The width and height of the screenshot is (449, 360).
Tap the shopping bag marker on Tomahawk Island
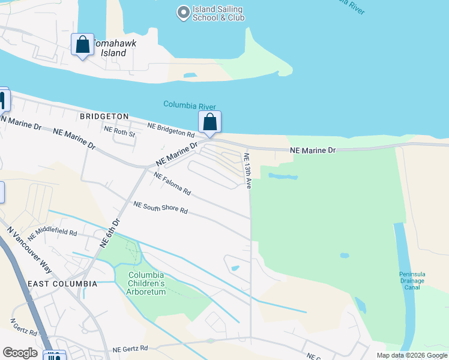pyautogui.click(x=82, y=44)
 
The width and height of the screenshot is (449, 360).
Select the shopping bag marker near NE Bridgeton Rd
pyautogui.click(x=209, y=122)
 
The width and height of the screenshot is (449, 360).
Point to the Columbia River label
pyautogui.click(x=189, y=106)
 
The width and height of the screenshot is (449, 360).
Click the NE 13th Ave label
pyautogui.click(x=247, y=170)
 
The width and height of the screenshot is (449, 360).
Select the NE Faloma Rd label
pyautogui.click(x=172, y=184)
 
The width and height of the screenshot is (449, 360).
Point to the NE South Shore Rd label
pyautogui.click(x=161, y=208)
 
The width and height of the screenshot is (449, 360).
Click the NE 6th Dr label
pyautogui.click(x=110, y=233)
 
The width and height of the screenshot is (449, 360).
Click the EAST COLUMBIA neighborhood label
pyautogui.click(x=62, y=283)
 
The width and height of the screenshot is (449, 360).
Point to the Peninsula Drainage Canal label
pyautogui.click(x=412, y=280)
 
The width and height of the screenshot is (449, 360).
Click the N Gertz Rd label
pyautogui.click(x=23, y=328)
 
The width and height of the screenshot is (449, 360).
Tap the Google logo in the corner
pyautogui.click(x=20, y=353)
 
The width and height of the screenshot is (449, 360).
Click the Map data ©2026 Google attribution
pyautogui.click(x=411, y=355)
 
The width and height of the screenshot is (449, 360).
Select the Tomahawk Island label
pyautogui.click(x=110, y=48)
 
